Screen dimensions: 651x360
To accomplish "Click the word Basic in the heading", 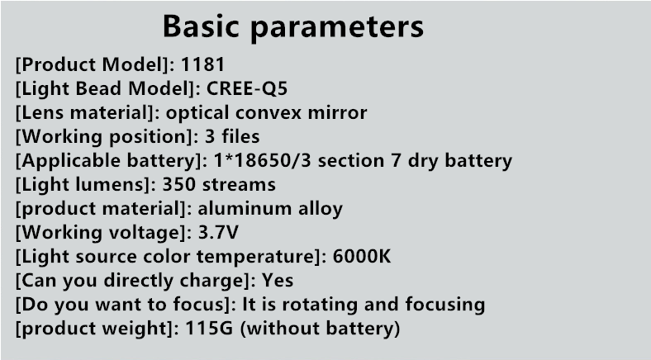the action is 201,26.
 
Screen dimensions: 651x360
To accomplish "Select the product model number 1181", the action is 202,64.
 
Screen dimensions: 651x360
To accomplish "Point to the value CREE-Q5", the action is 247,88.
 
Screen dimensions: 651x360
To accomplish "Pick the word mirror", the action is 337,112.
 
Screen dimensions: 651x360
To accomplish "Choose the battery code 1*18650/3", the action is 262,160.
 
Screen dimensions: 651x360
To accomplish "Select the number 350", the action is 178,185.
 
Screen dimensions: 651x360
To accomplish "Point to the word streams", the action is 239,185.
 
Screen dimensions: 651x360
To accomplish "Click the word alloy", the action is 321,210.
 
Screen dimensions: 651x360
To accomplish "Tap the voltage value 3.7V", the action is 218,232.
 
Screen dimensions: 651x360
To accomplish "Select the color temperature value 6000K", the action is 362,256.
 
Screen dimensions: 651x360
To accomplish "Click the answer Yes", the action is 278,281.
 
